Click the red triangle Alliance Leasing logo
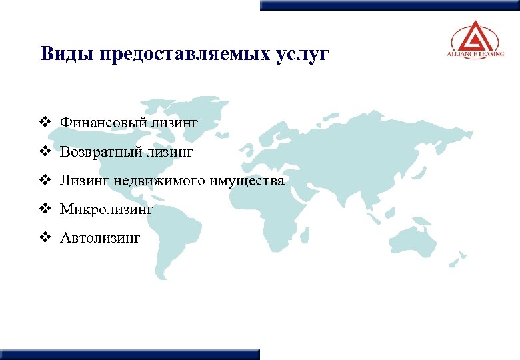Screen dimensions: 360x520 [475, 35]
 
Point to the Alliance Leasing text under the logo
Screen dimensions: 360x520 [475, 55]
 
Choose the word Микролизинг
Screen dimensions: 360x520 [107, 209]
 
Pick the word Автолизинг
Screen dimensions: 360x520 [100, 238]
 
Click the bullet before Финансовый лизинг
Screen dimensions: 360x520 [45, 123]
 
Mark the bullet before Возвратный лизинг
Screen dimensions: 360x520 [45, 152]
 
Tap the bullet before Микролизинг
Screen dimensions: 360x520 [45, 209]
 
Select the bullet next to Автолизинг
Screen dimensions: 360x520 [45, 237]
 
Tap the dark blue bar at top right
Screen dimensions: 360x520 [389, 5]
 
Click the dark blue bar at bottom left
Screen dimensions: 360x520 [130, 354]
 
